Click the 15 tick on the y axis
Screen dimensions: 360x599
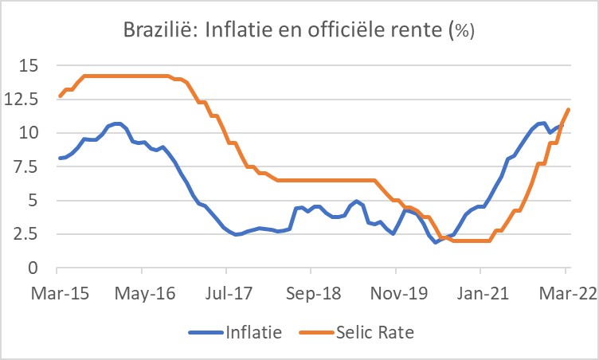[x=29, y=65]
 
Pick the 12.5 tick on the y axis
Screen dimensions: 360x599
[x=22, y=99]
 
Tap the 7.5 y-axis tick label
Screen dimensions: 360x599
[x=26, y=166]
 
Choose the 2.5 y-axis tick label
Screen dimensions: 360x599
[x=26, y=234]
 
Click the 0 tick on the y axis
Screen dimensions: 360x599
[x=33, y=268]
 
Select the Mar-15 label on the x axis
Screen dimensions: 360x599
[x=60, y=292]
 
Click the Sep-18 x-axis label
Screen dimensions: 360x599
[x=313, y=292]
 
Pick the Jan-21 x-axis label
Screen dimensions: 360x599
[x=482, y=292]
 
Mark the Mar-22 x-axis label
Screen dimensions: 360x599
[x=566, y=292]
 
